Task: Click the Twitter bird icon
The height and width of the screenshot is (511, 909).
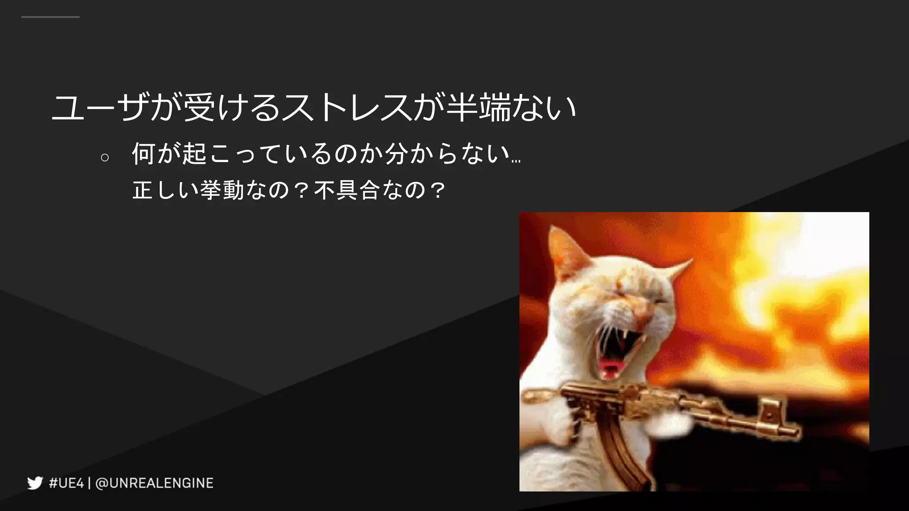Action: click(35, 483)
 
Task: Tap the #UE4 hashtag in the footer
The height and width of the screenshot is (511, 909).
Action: click(66, 483)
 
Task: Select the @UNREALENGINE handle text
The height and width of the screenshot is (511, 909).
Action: click(154, 483)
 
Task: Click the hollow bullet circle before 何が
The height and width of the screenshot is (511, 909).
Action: click(105, 157)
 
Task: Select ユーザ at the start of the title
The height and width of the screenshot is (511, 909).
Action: click(100, 107)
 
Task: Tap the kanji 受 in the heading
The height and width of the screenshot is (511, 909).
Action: click(199, 107)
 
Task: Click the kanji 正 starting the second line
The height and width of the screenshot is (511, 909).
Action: click(143, 190)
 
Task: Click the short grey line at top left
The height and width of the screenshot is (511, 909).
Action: click(50, 17)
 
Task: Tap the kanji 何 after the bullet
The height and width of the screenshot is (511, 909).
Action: click(143, 154)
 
